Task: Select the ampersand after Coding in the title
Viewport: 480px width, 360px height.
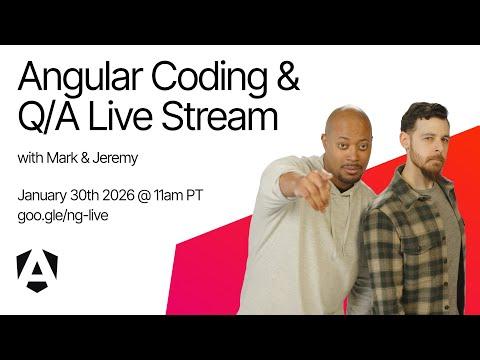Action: click(x=285, y=78)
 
